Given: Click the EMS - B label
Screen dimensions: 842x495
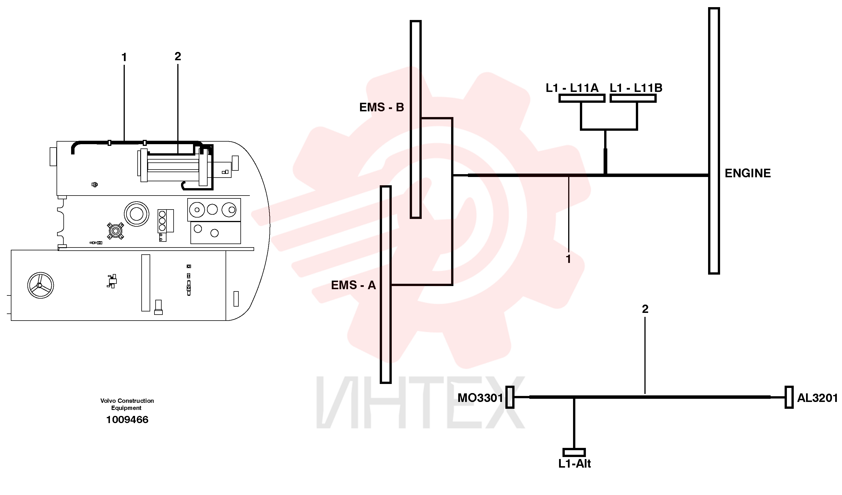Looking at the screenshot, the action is (381, 107).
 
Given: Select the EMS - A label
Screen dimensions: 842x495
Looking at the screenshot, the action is (353, 285).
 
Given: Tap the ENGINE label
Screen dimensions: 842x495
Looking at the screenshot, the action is (748, 173).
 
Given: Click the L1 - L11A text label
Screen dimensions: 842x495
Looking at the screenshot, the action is (572, 88).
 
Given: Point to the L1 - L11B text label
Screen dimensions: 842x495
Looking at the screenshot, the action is (636, 88).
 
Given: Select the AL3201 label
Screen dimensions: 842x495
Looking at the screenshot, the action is (817, 398).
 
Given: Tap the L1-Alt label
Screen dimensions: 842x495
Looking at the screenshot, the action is (575, 464).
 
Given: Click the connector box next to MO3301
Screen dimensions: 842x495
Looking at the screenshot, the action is (510, 397).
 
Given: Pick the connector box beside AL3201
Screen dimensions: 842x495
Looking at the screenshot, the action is (789, 397).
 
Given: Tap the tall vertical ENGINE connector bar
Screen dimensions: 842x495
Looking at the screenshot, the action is (714, 141).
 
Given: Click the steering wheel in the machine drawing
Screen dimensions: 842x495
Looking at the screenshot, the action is (41, 285).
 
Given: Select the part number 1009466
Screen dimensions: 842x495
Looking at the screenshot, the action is (127, 420).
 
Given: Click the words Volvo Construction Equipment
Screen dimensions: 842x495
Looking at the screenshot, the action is (127, 404).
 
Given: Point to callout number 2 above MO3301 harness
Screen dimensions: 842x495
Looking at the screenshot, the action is (645, 309).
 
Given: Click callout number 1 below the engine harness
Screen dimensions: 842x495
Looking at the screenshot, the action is (568, 259).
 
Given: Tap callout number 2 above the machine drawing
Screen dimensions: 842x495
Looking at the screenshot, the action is (178, 56).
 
